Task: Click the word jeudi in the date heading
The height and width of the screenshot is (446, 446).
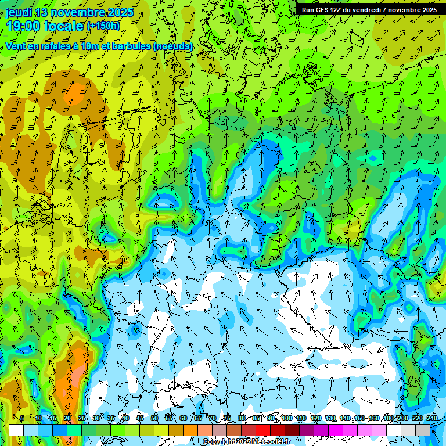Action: point(19,12)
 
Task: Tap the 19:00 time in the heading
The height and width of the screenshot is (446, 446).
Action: point(23,26)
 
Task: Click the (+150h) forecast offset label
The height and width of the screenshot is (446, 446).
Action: point(103,26)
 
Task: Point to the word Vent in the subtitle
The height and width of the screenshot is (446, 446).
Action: point(16,46)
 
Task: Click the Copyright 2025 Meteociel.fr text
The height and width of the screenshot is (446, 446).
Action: point(247,441)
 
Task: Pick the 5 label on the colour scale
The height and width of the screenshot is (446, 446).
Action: point(22,418)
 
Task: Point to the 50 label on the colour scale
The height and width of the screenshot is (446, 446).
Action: point(154,418)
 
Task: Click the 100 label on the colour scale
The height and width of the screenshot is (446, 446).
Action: point(286,418)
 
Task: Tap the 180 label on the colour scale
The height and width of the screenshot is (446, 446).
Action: point(388,418)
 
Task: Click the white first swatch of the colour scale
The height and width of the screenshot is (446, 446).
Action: point(16,430)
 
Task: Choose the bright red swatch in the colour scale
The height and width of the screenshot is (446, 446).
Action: point(263,430)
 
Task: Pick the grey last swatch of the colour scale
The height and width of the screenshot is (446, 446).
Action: point(423,430)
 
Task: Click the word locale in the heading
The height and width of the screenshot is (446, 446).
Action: point(63,26)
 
